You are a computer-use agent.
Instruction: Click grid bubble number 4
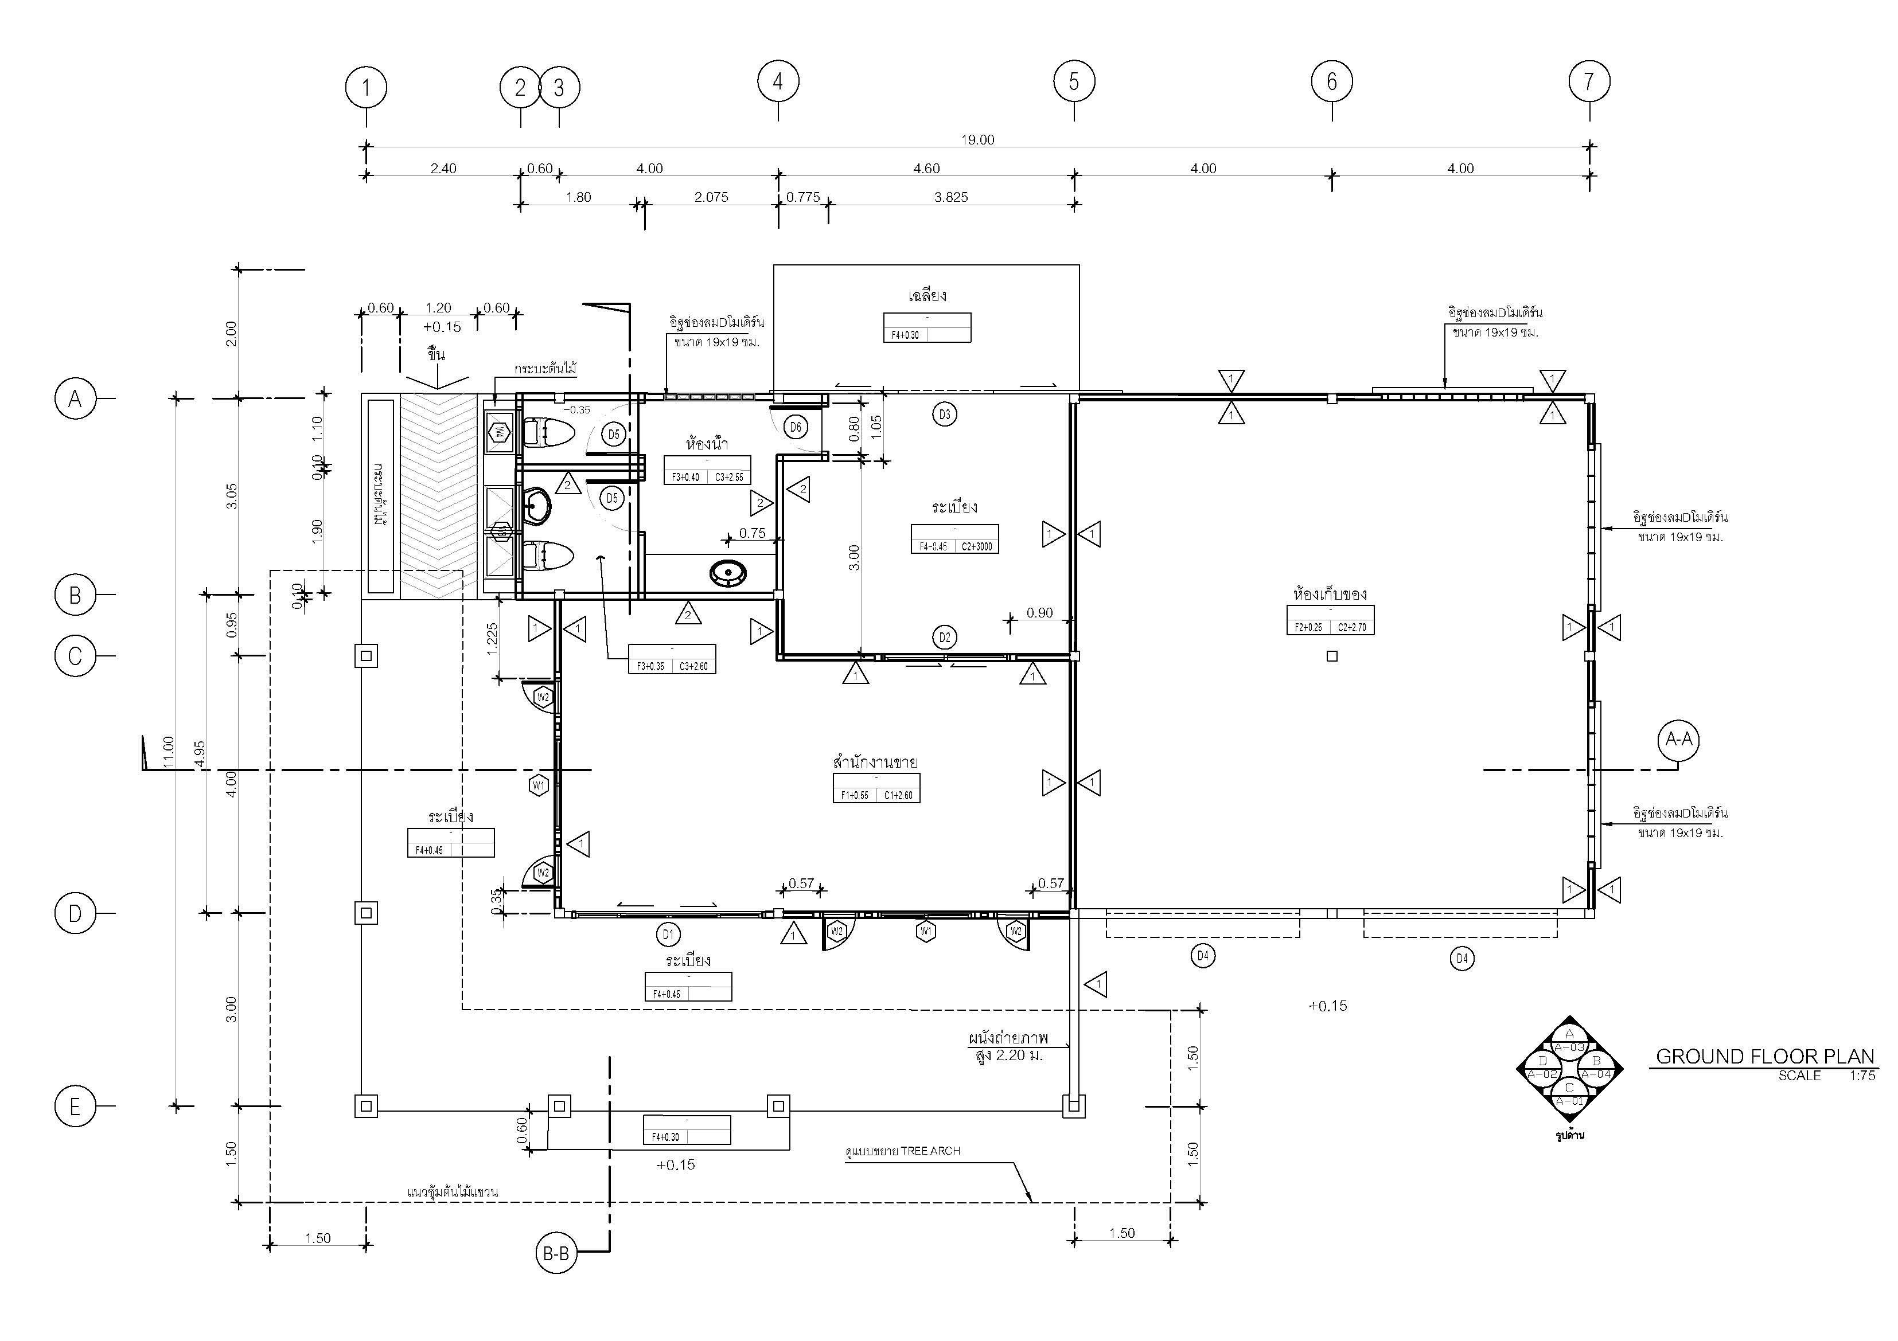(778, 82)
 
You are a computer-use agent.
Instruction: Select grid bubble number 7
(1589, 82)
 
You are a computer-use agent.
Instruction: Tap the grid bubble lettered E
(75, 1107)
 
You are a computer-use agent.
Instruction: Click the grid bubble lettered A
(75, 399)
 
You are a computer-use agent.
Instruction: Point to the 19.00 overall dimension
(977, 140)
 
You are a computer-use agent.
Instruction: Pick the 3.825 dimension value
(950, 197)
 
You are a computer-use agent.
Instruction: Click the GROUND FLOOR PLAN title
(1765, 1057)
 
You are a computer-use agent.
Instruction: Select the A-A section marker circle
(1679, 740)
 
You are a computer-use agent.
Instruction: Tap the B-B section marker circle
(555, 1254)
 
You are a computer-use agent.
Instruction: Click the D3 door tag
(945, 414)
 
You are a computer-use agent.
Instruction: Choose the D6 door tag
(795, 427)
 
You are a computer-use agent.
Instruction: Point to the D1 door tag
(668, 935)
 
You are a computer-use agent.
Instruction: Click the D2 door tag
(945, 637)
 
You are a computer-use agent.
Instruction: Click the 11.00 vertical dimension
(169, 752)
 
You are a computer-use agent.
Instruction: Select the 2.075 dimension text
(711, 197)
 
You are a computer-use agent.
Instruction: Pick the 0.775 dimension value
(802, 197)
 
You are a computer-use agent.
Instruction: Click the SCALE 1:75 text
(1827, 1076)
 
